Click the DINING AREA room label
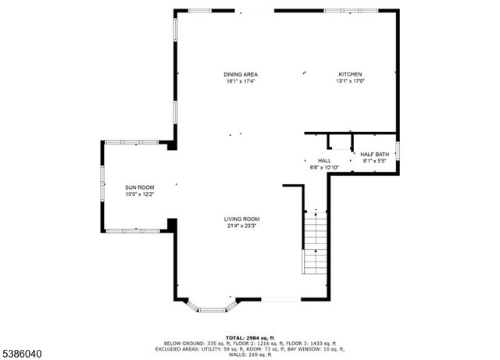coord(241,74)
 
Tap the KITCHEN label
coord(349,74)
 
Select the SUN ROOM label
coord(141,187)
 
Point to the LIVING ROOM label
coord(241,219)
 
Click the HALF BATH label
coord(374,154)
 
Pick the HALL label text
coord(324,161)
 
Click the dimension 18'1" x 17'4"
coord(241,80)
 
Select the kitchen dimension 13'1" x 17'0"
coord(350,80)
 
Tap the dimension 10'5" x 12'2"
coord(141,194)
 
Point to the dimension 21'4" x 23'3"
coord(241,226)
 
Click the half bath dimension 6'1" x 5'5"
coord(374,160)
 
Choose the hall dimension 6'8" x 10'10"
coord(324,167)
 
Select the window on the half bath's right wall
coord(398,150)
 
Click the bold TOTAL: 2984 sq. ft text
coord(249,337)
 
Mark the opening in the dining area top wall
coord(252,10)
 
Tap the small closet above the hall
coord(340,141)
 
